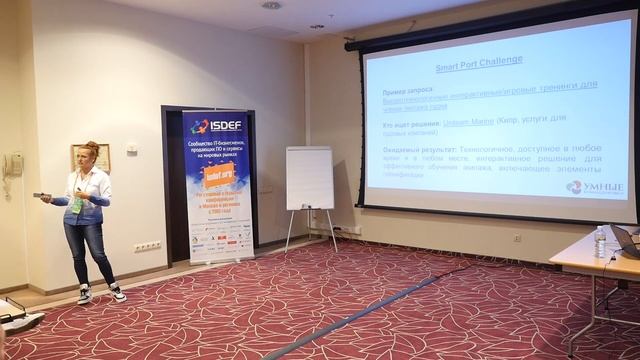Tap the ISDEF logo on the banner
(x=214, y=126)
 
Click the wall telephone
(x=12, y=165)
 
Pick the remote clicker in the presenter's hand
(x=40, y=196)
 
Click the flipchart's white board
(x=309, y=178)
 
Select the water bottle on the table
(x=600, y=241)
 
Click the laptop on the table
(x=627, y=241)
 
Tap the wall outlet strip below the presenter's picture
(x=147, y=246)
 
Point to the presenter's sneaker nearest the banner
(x=117, y=293)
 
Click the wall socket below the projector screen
(x=517, y=238)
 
